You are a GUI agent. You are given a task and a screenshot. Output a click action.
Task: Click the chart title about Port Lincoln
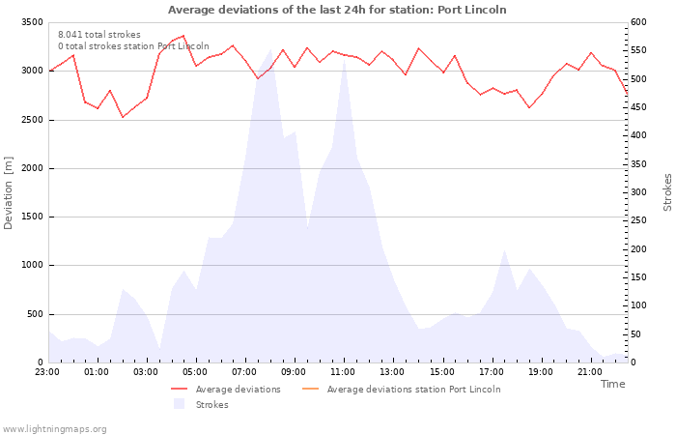(337, 10)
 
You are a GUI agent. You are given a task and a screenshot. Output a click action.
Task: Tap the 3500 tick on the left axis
(32, 22)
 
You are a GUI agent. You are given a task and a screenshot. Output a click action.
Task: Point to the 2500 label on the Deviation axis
(32, 120)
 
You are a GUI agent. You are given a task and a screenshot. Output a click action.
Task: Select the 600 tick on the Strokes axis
(638, 22)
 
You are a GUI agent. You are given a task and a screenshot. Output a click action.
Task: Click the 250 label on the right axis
(638, 220)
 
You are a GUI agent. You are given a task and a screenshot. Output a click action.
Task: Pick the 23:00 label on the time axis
(47, 372)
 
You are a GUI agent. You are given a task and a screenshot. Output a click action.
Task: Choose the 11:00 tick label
(343, 372)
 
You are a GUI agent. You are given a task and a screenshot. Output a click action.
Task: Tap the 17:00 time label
(491, 372)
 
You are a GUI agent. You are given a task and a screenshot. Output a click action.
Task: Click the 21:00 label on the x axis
(589, 372)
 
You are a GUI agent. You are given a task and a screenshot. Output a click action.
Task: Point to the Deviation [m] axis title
(8, 192)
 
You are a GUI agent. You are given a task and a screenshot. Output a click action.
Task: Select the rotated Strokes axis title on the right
(667, 192)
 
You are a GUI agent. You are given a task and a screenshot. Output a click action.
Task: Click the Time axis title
(612, 384)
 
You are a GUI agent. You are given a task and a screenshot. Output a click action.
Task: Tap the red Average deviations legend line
(180, 389)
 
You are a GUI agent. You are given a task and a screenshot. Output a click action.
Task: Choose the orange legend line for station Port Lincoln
(310, 389)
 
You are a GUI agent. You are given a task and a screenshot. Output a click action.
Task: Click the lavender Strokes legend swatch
(180, 404)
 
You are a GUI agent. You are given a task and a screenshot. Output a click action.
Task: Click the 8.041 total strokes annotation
(99, 35)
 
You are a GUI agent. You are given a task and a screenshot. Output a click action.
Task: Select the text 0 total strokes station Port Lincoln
(133, 46)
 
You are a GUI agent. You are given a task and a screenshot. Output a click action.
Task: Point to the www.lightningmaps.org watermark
(54, 429)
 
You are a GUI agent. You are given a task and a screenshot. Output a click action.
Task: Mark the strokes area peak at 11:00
(344, 59)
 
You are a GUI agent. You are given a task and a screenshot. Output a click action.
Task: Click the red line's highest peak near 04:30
(183, 36)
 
